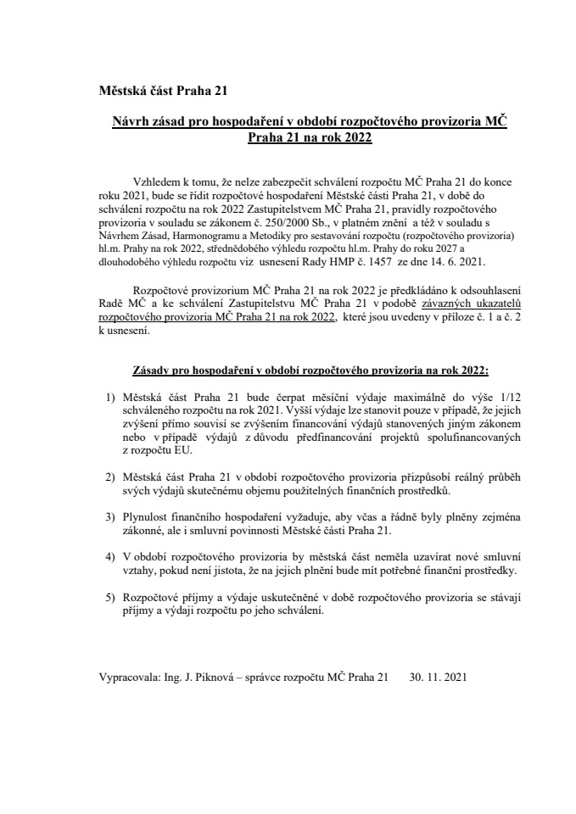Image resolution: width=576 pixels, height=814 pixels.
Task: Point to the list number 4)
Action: click(x=109, y=556)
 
